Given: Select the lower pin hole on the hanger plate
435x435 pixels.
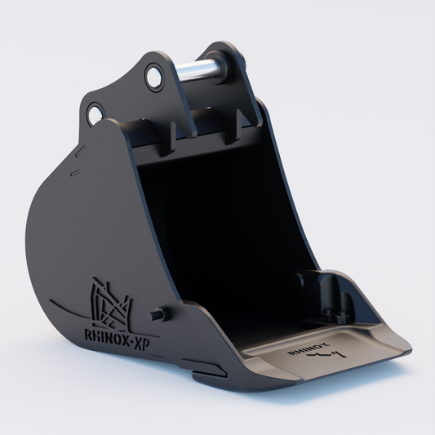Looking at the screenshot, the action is click(95, 113).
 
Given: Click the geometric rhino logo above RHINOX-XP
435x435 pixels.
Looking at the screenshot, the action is click(111, 303).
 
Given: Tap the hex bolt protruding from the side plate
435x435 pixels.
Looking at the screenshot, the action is click(159, 314).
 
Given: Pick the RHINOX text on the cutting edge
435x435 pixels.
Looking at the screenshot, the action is click(308, 348).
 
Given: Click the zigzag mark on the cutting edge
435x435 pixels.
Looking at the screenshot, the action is click(327, 354).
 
